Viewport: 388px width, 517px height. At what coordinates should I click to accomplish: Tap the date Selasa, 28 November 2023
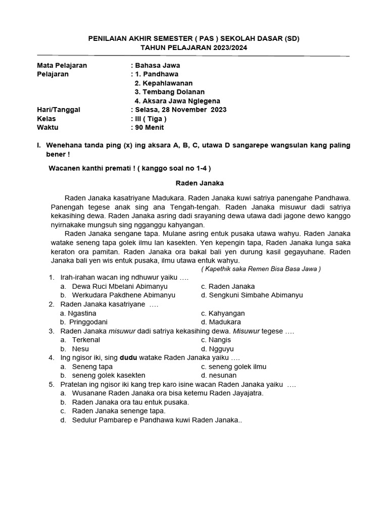(x=180, y=110)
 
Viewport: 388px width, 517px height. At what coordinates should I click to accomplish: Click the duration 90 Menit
(x=152, y=128)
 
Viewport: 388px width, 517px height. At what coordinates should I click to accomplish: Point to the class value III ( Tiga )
(x=151, y=119)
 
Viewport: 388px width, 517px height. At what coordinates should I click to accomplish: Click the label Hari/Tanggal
(x=59, y=110)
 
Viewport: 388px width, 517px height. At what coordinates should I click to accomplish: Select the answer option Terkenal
(x=86, y=340)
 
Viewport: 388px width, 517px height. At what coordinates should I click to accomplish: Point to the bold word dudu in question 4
(x=128, y=357)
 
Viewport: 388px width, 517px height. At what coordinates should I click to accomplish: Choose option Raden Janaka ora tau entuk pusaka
(x=130, y=402)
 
